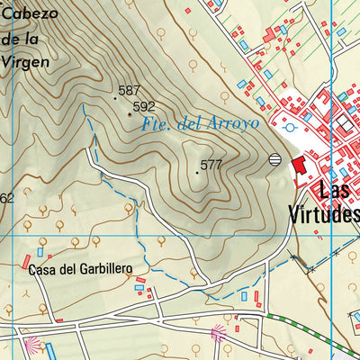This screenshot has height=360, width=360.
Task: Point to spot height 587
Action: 129,90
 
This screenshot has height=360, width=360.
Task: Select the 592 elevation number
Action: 144,106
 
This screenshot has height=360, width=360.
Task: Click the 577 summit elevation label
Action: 211,165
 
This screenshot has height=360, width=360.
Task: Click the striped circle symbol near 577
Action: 275,160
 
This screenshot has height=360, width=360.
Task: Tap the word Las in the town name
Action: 337,192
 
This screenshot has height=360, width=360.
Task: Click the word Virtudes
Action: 322,214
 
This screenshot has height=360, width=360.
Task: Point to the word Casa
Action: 46,269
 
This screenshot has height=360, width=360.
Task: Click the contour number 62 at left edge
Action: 6,198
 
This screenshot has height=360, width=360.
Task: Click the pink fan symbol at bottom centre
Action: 218,335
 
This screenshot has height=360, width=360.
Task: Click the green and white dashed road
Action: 306,334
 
